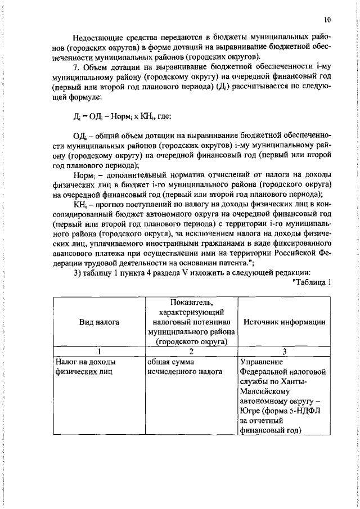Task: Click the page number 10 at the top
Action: [327, 19]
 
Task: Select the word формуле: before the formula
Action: [83, 97]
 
